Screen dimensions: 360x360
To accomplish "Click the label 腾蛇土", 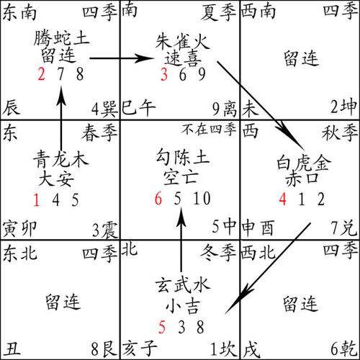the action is point(61,38).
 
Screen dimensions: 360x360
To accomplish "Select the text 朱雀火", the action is point(183,41).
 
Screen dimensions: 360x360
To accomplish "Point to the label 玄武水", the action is point(183,284).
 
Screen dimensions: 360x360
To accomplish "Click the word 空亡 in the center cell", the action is point(181,178).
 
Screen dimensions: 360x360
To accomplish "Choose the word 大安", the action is point(56,179).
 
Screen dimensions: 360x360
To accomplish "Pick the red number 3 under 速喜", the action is point(164,74).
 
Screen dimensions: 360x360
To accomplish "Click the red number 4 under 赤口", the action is point(283,199).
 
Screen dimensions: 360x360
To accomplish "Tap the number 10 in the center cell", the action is point(202,198).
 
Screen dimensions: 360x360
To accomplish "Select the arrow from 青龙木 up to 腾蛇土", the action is point(61,117).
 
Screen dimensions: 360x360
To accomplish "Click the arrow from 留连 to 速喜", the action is point(122,58).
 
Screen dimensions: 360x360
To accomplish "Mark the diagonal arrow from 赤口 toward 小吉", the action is point(268,269).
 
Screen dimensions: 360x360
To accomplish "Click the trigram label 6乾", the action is point(343,348).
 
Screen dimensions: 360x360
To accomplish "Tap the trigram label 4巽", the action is point(104,109).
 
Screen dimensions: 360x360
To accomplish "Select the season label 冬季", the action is point(218,253).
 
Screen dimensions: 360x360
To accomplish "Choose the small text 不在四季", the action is point(210,130).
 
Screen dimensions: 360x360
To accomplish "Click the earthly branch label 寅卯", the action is point(19,229).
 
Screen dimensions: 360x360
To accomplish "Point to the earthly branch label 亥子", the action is point(139,348).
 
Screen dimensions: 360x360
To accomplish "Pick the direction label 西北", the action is point(258,253).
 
